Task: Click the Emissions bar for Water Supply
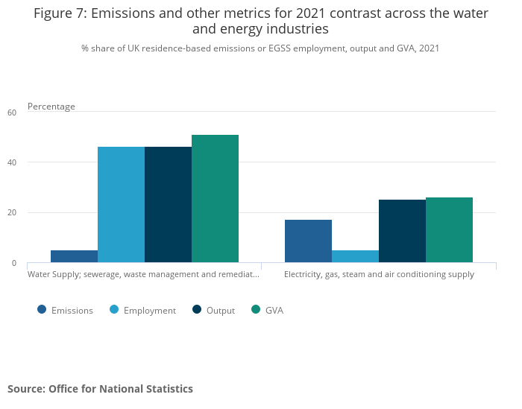74,256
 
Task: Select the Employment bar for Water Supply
121,205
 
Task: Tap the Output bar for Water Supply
168,205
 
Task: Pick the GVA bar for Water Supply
215,199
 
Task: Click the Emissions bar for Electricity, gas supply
308,241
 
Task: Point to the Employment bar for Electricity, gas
355,256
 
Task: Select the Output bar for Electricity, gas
402,231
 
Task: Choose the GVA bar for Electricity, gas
449,230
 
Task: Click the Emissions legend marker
42,310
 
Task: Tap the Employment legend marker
114,310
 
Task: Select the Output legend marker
197,310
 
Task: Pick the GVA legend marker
256,310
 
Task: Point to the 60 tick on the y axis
12,112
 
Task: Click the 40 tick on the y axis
12,162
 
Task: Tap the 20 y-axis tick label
12,213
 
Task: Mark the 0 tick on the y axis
13,263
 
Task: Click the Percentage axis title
51,107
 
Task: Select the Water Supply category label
143,274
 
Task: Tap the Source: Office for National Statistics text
100,389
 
